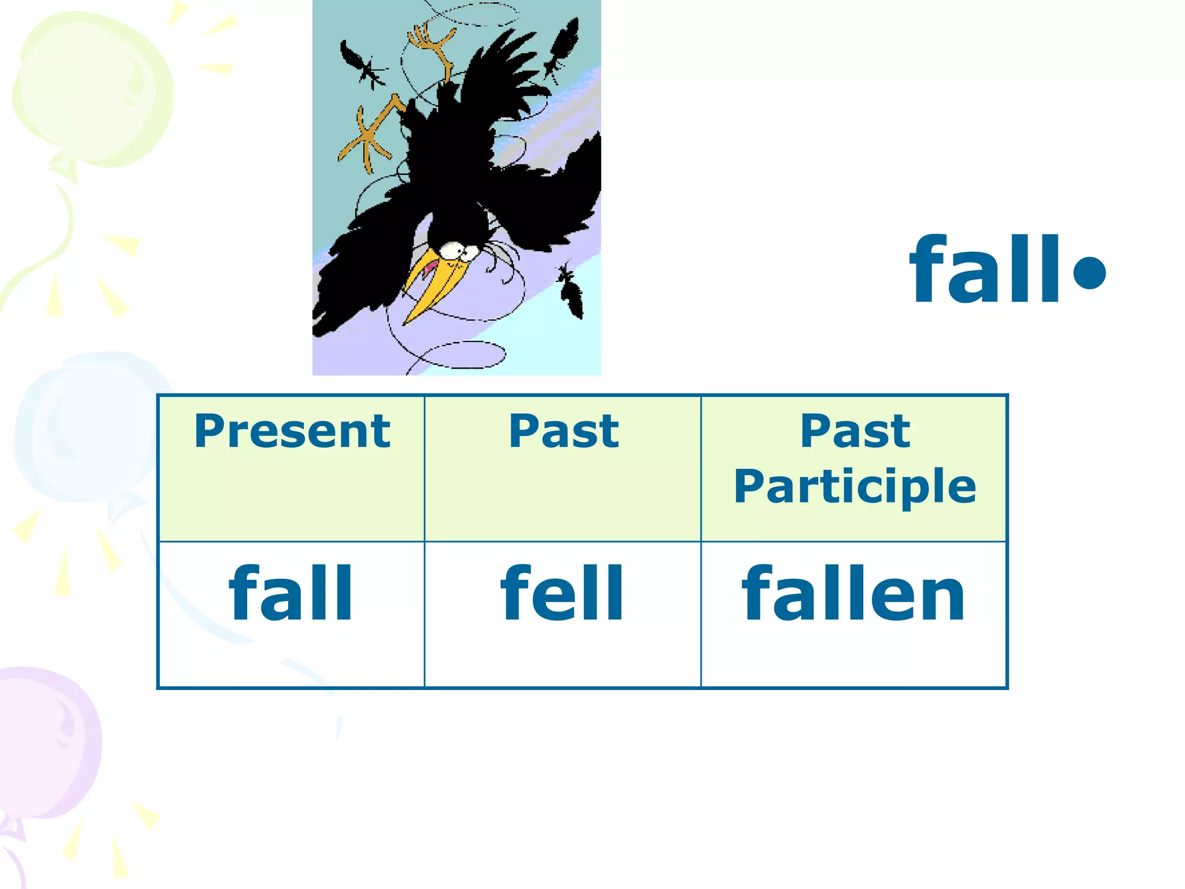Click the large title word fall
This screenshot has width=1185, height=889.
tap(984, 270)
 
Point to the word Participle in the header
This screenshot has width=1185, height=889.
tap(855, 486)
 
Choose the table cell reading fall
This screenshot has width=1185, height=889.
tap(290, 594)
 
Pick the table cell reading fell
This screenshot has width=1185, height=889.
tap(562, 594)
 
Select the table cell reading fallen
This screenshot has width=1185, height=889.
tap(853, 594)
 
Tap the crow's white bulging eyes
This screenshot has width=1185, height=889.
tap(457, 251)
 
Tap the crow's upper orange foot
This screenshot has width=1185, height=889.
tap(431, 46)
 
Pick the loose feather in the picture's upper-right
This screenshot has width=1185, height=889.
tap(561, 46)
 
